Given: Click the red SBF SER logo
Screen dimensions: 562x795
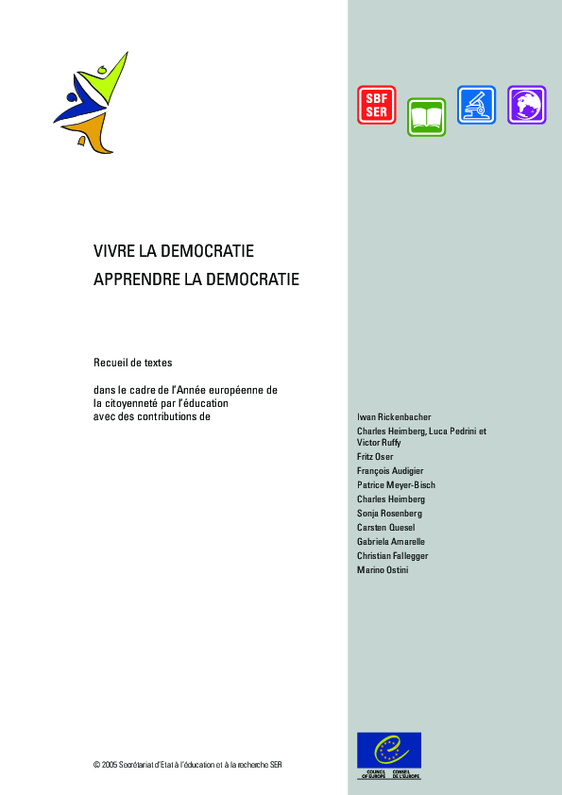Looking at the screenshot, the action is pyautogui.click(x=376, y=105).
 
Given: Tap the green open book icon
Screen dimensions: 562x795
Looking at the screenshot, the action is pyautogui.click(x=426, y=117).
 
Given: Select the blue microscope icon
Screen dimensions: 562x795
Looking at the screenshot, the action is pyautogui.click(x=476, y=105).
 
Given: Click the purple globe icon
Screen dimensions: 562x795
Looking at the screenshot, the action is pyautogui.click(x=526, y=105).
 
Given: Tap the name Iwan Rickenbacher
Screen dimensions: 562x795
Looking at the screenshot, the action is pyautogui.click(x=394, y=416).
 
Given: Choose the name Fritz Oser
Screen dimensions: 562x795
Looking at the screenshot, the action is pyautogui.click(x=375, y=457).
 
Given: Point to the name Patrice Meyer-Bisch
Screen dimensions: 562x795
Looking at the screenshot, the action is pyautogui.click(x=396, y=484).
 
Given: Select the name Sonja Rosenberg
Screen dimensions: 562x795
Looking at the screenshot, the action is pyautogui.click(x=389, y=513).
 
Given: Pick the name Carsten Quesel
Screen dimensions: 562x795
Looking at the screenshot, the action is pyautogui.click(x=385, y=527).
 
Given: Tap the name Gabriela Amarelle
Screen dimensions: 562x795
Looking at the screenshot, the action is pyautogui.click(x=391, y=541).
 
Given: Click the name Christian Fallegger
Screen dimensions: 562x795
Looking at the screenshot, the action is pyautogui.click(x=392, y=555).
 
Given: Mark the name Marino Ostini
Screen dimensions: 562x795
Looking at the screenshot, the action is pyautogui.click(x=383, y=569).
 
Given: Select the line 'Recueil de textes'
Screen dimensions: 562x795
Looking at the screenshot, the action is pyautogui.click(x=133, y=363).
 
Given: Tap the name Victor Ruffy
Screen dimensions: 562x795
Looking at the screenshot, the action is pyautogui.click(x=379, y=442).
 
